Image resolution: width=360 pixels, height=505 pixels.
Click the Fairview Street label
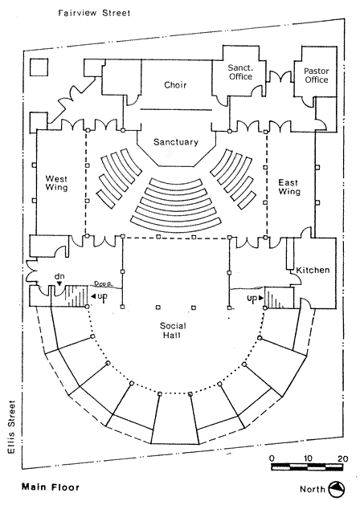click(x=94, y=13)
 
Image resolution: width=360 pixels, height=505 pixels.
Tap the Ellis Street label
click(x=11, y=427)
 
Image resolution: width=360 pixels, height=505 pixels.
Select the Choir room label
click(x=175, y=85)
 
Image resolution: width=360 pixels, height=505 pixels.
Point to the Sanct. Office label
click(x=240, y=72)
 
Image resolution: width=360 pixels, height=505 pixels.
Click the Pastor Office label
click(x=317, y=75)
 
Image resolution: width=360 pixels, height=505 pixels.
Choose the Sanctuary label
click(x=176, y=142)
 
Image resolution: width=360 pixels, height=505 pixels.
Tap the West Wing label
click(x=57, y=183)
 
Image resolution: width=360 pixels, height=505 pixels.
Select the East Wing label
click(x=289, y=187)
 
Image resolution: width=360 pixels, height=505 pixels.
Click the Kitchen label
click(x=313, y=270)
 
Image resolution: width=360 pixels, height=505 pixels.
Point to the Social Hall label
click(x=173, y=330)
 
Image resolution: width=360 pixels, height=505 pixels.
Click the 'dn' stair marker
click(x=59, y=276)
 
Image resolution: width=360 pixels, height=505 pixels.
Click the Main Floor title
click(x=51, y=487)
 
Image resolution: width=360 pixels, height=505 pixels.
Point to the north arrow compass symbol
click(x=337, y=489)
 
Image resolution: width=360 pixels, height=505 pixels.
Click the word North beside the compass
click(x=313, y=489)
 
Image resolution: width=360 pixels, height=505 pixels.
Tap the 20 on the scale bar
click(x=342, y=458)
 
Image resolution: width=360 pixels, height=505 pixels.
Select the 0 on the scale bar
click(x=272, y=458)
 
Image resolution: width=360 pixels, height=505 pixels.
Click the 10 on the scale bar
click(x=308, y=458)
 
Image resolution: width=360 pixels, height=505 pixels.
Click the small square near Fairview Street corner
click(x=39, y=67)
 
